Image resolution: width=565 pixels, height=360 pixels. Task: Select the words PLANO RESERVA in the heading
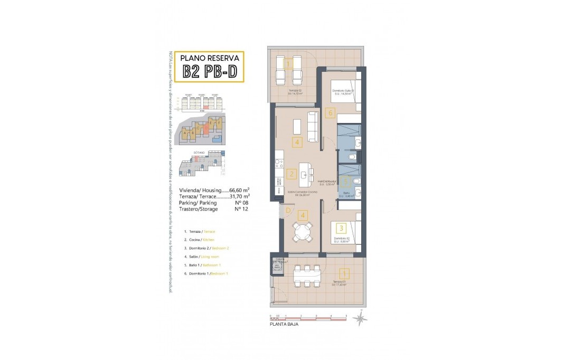coord(210,58)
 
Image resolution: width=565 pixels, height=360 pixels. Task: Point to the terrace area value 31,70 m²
coord(240,196)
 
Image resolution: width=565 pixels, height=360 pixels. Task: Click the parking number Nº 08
coord(241,202)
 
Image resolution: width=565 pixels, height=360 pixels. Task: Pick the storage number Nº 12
coord(241,209)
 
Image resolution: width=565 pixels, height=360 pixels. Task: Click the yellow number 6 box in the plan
coord(331,112)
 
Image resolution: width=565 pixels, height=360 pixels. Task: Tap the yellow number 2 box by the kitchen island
coord(291,173)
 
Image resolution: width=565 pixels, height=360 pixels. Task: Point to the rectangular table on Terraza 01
coord(307,276)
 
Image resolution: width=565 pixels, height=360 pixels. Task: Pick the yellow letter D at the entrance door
coord(287,211)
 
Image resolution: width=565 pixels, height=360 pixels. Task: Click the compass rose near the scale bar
coord(361,318)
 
